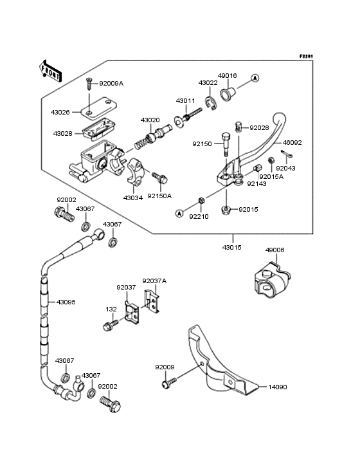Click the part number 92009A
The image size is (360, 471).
click(111, 84)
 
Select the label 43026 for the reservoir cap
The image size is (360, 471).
click(60, 112)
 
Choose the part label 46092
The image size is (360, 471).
click(292, 143)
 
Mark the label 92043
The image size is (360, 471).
click(286, 168)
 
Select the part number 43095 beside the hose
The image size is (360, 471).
click(66, 302)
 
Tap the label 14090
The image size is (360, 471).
click(278, 387)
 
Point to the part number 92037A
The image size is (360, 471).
click(154, 281)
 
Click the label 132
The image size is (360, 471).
click(111, 309)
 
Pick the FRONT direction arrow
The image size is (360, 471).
click(51, 70)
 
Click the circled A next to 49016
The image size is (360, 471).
click(255, 78)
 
